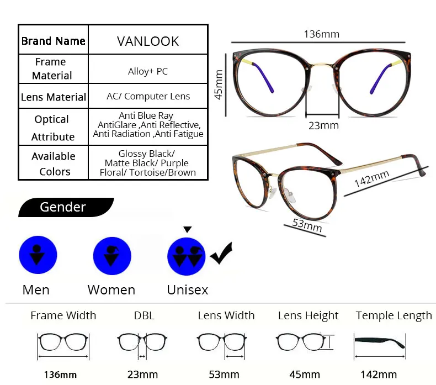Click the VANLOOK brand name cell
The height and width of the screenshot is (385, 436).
tap(148, 41)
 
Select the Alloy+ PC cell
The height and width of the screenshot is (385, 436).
tap(148, 71)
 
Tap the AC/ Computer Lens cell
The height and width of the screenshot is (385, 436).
tap(148, 96)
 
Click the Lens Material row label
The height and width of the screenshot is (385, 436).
tap(54, 97)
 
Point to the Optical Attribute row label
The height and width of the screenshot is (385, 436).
tap(52, 128)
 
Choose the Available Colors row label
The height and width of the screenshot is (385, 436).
tap(54, 164)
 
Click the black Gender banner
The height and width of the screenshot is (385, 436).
tap(66, 207)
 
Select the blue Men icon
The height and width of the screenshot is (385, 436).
tap(38, 255)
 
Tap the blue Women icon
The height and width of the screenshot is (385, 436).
tap(112, 256)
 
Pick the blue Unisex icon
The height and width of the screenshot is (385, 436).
tap(187, 256)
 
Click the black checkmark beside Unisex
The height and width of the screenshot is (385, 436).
tap(221, 254)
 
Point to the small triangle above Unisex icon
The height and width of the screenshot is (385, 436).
tap(188, 229)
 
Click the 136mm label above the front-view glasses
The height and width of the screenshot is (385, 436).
tap(321, 34)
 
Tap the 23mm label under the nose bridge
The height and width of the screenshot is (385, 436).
tap(323, 125)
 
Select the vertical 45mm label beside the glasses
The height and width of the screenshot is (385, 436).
tap(219, 85)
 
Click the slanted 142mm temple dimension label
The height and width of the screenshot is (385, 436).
tap(372, 178)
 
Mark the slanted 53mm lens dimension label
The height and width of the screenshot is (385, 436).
tap(307, 225)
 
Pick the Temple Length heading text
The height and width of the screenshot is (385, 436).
tap(394, 316)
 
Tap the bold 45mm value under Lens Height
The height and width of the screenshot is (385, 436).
tap(305, 375)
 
